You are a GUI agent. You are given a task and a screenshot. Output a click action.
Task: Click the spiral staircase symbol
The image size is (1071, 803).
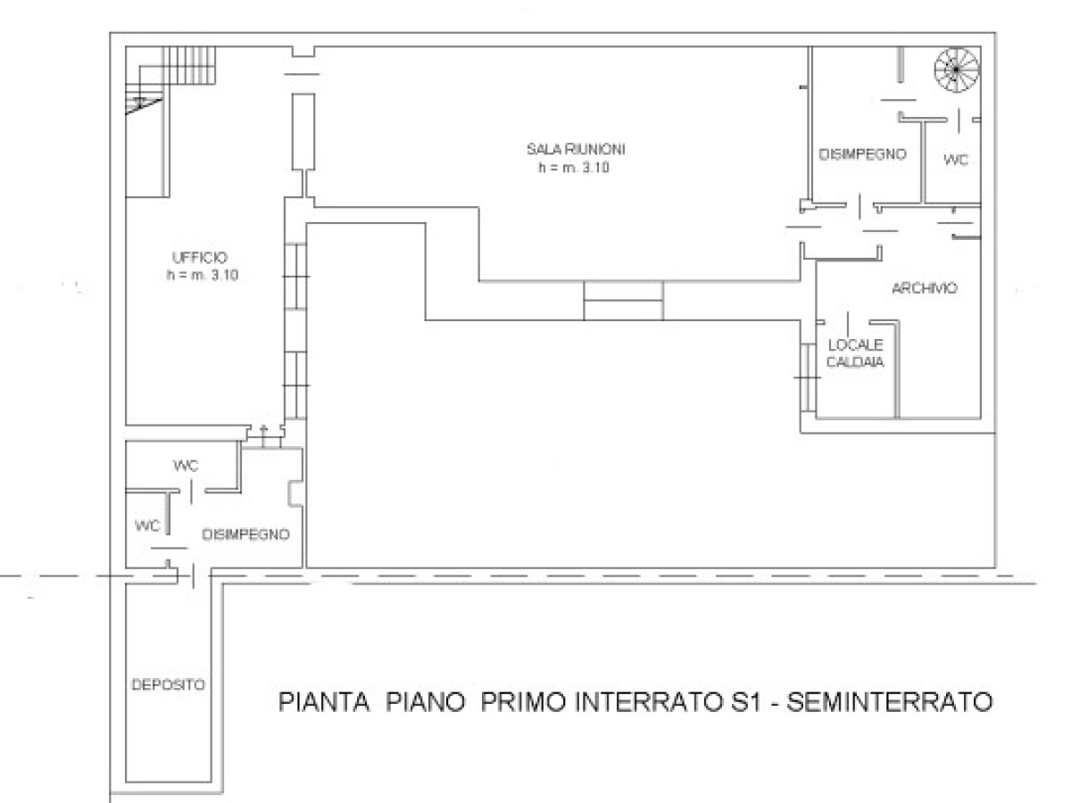(x=957, y=70)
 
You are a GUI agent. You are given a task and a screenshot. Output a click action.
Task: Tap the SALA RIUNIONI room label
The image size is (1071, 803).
(x=576, y=149)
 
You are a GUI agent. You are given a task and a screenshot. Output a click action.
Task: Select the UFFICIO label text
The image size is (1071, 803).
(x=200, y=258)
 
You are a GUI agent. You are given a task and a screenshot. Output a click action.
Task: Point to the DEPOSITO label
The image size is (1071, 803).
(x=169, y=685)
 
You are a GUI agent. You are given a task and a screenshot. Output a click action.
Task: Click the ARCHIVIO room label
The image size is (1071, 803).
(x=925, y=288)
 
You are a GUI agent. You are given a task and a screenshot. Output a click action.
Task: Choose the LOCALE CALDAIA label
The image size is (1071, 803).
(x=855, y=353)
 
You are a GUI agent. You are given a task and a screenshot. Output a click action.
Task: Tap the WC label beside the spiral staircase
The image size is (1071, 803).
(x=956, y=160)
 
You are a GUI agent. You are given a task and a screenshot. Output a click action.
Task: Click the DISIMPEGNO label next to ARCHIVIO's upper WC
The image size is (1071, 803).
(x=863, y=154)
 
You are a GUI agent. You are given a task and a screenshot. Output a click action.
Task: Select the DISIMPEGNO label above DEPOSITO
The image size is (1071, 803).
(x=246, y=534)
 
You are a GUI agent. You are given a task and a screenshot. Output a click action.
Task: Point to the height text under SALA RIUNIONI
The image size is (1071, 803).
(x=574, y=168)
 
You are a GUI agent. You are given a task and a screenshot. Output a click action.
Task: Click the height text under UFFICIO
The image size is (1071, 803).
(x=203, y=276)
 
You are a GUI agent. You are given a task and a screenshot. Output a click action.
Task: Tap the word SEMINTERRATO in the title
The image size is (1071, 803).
(x=890, y=702)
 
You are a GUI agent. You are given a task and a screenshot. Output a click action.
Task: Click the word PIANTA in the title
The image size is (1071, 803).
(x=324, y=702)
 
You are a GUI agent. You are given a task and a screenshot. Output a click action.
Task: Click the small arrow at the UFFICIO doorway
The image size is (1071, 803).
(x=263, y=436)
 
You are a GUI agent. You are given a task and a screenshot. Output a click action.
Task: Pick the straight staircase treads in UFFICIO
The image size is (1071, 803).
(x=189, y=65)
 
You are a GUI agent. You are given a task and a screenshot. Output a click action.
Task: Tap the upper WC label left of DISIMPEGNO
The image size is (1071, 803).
(x=186, y=466)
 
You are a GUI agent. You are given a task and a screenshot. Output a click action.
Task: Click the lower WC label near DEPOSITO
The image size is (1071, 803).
(x=147, y=526)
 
